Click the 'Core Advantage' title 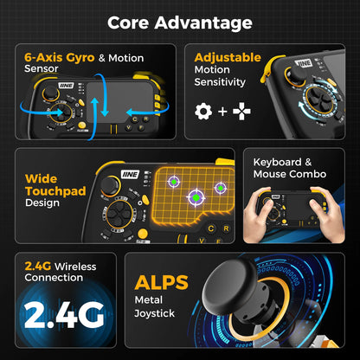click(180, 22)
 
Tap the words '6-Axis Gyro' click(60, 57)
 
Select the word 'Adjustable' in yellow click(228, 57)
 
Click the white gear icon click(203, 111)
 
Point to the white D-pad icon click(241, 111)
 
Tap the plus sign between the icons click(222, 112)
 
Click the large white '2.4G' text click(64, 315)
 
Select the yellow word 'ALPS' click(161, 282)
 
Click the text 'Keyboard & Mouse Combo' click(290, 168)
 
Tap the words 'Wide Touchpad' click(55, 185)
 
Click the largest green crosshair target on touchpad click(196, 197)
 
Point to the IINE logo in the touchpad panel click(131, 174)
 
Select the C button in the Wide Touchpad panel click(211, 228)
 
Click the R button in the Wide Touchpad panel click(226, 228)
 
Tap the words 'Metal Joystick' click(155, 306)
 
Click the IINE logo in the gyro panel click(66, 86)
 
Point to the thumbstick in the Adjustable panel click(293, 74)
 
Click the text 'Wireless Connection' click(61, 272)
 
